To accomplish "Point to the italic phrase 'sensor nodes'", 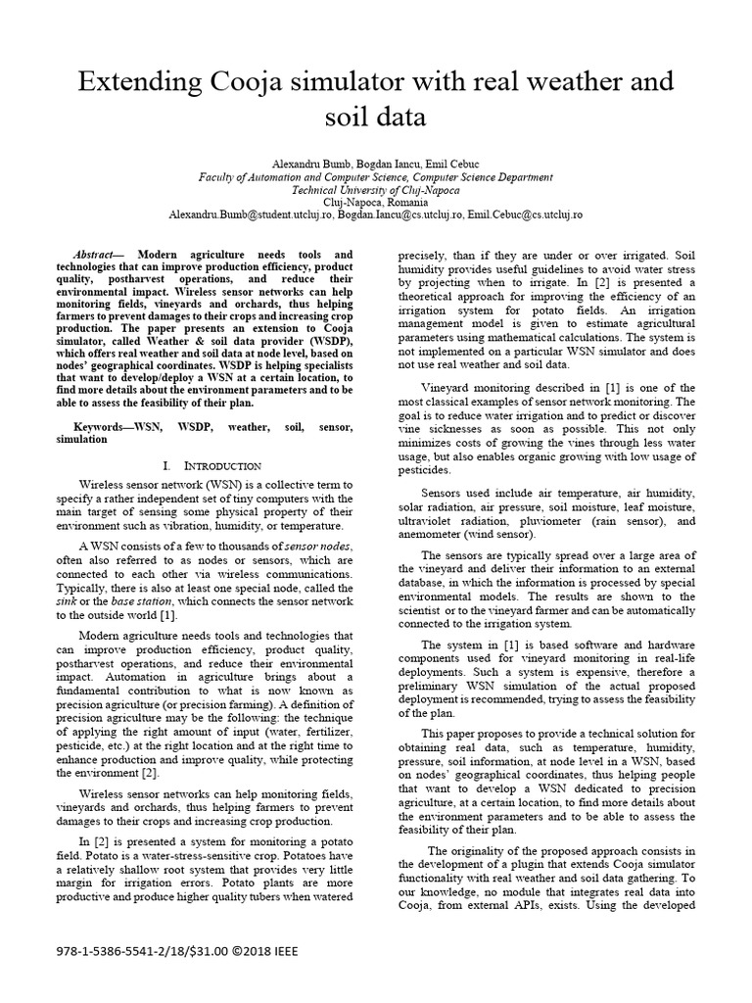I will click(x=318, y=545).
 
